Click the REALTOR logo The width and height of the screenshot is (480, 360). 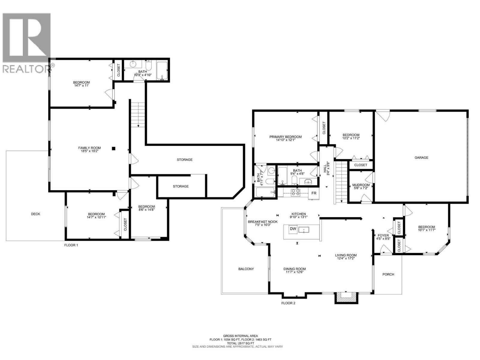pyautogui.click(x=26, y=42)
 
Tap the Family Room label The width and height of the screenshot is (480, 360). pyautogui.click(x=89, y=148)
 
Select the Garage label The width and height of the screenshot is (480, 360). pyautogui.click(x=421, y=157)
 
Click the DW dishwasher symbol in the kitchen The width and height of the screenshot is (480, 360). pyautogui.click(x=293, y=229)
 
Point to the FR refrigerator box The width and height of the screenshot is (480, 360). pyautogui.click(x=314, y=193)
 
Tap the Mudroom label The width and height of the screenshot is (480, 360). pyautogui.click(x=361, y=185)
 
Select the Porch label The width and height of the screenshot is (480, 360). pyautogui.click(x=388, y=274)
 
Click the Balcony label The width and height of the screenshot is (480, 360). pyautogui.click(x=246, y=269)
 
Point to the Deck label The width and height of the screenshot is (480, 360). pyautogui.click(x=35, y=214)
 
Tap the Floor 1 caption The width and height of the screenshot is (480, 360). pyautogui.click(x=71, y=245)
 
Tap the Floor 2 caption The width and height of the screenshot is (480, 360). pyautogui.click(x=288, y=303)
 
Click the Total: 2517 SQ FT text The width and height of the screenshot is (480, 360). pyautogui.click(x=240, y=343)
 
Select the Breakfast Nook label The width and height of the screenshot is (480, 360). pyautogui.click(x=262, y=222)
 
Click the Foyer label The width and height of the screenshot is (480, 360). pyautogui.click(x=383, y=235)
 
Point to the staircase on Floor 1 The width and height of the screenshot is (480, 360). pyautogui.click(x=138, y=115)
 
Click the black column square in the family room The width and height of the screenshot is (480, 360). pyautogui.click(x=113, y=148)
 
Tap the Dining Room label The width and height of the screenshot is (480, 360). pyautogui.click(x=295, y=269)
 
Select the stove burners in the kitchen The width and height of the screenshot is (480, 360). pyautogui.click(x=295, y=192)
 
